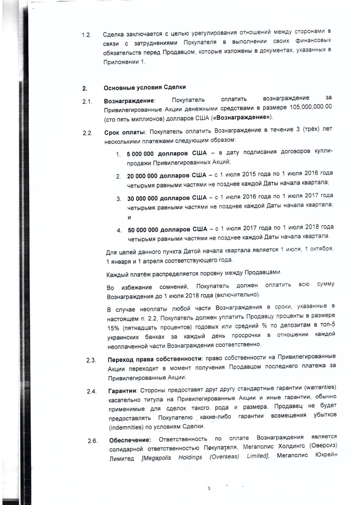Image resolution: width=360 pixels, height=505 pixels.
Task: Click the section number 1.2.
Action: pyautogui.click(x=86, y=36)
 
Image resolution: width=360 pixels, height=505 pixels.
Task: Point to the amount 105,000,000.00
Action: pyautogui.click(x=311, y=108)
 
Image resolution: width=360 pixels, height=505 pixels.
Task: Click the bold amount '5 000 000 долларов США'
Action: pyautogui.click(x=166, y=154)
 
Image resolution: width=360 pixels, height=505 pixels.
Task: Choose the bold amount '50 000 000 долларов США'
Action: pyautogui.click(x=168, y=229)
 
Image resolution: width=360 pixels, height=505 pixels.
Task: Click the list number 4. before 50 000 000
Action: pyautogui.click(x=119, y=230)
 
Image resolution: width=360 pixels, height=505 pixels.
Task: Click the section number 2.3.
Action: pyautogui.click(x=91, y=361)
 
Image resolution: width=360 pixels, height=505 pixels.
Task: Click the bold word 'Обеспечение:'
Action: pyautogui.click(x=129, y=439)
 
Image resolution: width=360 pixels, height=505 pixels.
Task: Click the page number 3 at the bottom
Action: pyautogui.click(x=209, y=489)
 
